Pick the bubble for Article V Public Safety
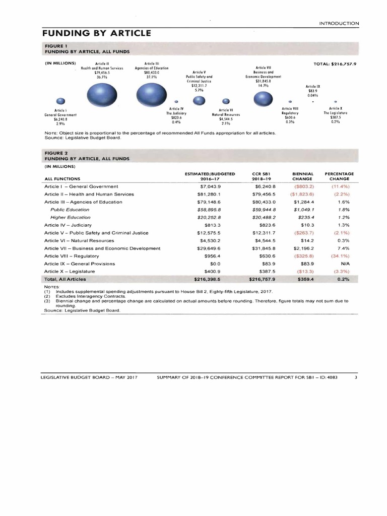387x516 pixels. (199, 101)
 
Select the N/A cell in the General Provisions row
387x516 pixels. (346, 264)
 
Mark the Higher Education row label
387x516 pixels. (70, 217)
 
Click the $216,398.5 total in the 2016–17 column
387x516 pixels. (208, 279)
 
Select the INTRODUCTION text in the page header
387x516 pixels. (340, 23)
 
